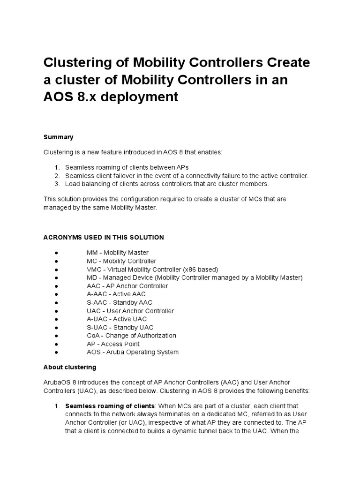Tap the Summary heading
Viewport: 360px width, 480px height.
click(58, 137)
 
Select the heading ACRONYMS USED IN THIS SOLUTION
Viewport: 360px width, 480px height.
click(104, 237)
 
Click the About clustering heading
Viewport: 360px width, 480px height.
click(70, 367)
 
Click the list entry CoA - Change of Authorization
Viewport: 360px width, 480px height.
click(131, 336)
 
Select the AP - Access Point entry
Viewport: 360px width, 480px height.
click(113, 344)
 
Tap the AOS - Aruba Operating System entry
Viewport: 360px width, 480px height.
click(132, 352)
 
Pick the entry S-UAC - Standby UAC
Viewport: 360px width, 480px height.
click(120, 327)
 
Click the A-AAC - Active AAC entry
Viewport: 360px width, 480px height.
click(116, 294)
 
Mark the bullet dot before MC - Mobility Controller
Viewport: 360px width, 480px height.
click(56, 261)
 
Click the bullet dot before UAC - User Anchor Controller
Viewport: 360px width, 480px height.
click(56, 311)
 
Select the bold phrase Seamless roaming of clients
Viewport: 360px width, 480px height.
click(110, 405)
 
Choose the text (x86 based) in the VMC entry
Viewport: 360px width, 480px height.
click(199, 269)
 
